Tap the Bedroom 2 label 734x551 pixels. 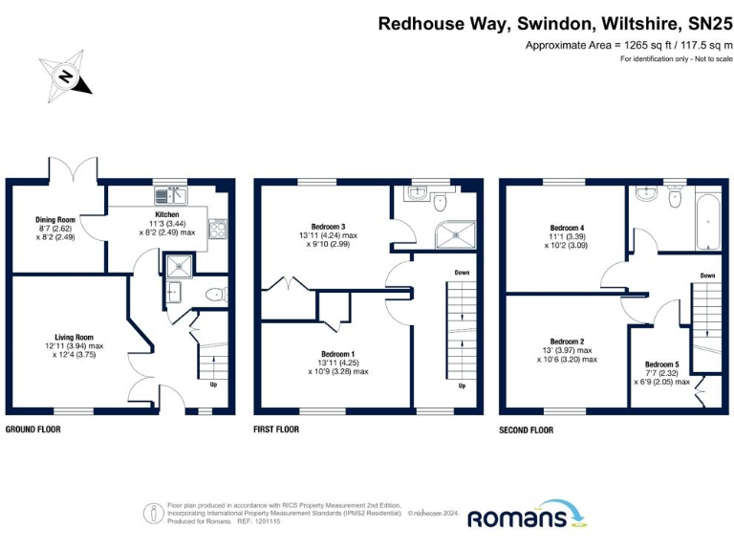click(x=567, y=342)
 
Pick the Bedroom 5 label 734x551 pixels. click(x=662, y=364)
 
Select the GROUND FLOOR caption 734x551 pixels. click(x=33, y=430)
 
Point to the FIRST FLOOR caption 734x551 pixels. click(x=276, y=430)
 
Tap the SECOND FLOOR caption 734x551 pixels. click(x=526, y=430)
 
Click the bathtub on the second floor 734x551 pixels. click(x=708, y=218)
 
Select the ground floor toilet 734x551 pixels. click(x=216, y=295)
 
